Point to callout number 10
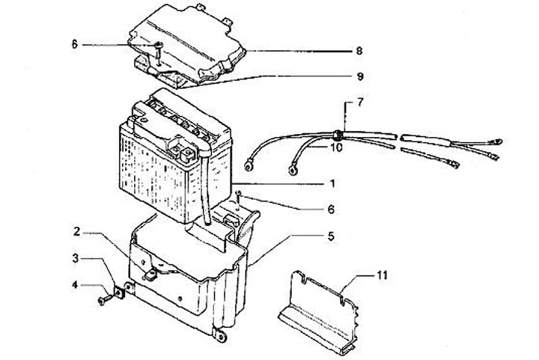(336, 149)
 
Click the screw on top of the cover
(158, 49)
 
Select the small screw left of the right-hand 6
(238, 197)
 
